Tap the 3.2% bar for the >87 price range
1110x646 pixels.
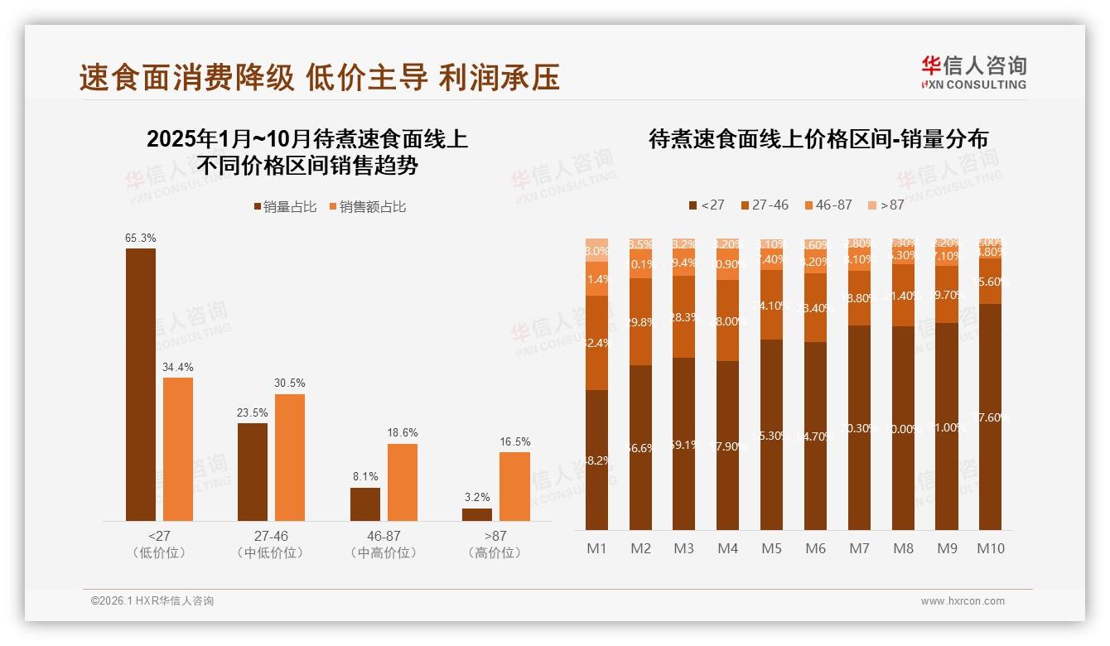tap(477, 514)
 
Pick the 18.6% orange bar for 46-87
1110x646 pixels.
tap(403, 482)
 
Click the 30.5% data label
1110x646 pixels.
tap(290, 383)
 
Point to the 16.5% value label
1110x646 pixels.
tap(514, 441)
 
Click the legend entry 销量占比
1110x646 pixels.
tap(285, 207)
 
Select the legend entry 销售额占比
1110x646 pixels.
tap(368, 207)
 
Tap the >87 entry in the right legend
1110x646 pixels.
tap(886, 205)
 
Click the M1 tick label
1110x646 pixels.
tap(596, 548)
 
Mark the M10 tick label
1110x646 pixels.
tap(990, 548)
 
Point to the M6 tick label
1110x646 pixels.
tap(815, 548)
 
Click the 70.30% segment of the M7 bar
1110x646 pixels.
tap(859, 427)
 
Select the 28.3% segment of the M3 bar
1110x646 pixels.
tap(683, 316)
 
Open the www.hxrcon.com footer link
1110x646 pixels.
tap(963, 601)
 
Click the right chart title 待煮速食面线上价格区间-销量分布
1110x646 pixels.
tap(818, 139)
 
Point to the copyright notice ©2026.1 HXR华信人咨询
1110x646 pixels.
tap(152, 601)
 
